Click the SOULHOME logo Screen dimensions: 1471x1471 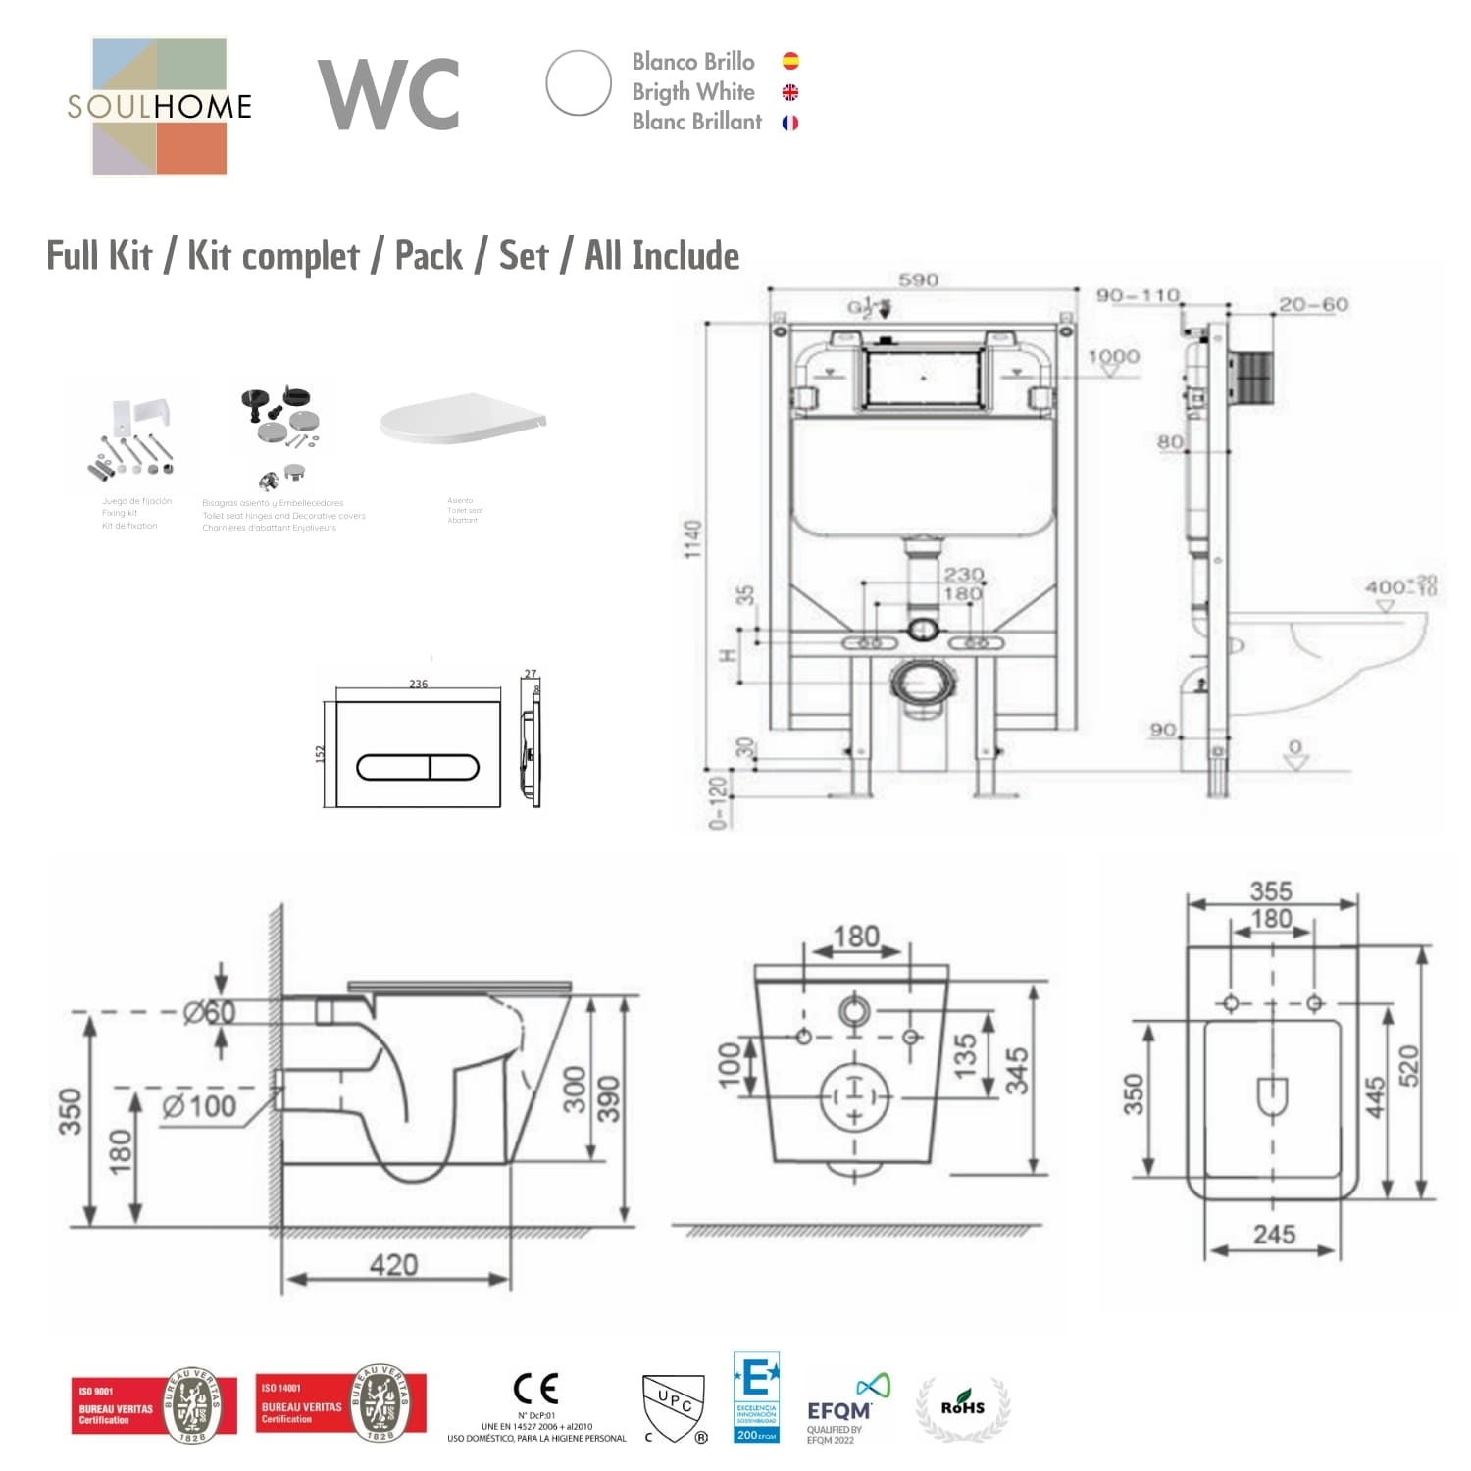[159, 106]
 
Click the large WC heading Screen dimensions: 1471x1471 [389, 94]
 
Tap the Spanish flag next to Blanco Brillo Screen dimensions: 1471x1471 [790, 61]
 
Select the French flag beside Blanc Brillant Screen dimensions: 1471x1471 [790, 123]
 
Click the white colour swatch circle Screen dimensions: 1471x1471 [579, 83]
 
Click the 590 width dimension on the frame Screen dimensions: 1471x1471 [918, 279]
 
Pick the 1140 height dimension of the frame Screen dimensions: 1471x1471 [693, 539]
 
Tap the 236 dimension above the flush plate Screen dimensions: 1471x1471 [419, 684]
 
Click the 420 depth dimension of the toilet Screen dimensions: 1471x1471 [393, 1264]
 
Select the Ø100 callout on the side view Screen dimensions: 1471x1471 [199, 1106]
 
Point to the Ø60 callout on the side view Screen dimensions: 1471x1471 [209, 1011]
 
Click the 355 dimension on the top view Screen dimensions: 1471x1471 [1271, 890]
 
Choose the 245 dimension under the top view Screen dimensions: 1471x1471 [1274, 1235]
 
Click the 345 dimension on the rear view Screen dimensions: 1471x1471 [1017, 1071]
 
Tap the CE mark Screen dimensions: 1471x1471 [536, 1389]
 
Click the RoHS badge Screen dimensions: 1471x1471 [963, 1407]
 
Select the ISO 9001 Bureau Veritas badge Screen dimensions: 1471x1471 [154, 1405]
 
